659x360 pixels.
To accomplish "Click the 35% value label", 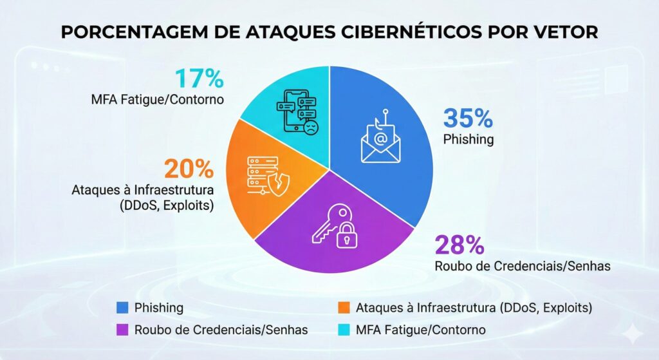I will pyautogui.click(x=468, y=118).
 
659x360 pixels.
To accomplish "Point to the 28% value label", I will pyautogui.click(x=459, y=245).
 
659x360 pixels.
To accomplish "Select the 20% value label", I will pyautogui.click(x=189, y=169).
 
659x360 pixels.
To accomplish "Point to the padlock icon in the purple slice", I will pyautogui.click(x=348, y=235).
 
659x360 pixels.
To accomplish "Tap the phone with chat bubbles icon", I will pyautogui.click(x=297, y=111).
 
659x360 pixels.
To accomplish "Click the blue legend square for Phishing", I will pyautogui.click(x=122, y=308).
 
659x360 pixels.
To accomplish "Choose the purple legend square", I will pyautogui.click(x=122, y=330).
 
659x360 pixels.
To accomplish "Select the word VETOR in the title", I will pyautogui.click(x=564, y=32).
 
